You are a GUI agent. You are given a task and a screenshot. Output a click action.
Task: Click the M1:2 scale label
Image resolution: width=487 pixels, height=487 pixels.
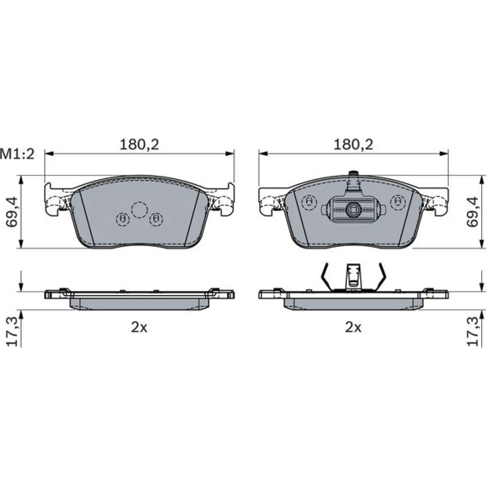[x=18, y=154]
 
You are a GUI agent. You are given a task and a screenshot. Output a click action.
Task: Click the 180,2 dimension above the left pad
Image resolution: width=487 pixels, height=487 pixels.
[x=139, y=145]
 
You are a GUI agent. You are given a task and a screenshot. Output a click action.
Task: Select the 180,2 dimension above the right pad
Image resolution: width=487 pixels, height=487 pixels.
[x=354, y=145]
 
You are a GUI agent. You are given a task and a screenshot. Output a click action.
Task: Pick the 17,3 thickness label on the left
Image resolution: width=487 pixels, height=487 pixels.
[x=13, y=331]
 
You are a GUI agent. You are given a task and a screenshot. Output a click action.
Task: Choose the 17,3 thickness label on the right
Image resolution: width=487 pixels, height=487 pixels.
[x=474, y=331]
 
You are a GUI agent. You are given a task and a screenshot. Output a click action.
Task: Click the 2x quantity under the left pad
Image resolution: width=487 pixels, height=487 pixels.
[x=139, y=327]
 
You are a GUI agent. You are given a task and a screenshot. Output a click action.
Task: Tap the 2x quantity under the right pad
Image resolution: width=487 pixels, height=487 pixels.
[x=353, y=327]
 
